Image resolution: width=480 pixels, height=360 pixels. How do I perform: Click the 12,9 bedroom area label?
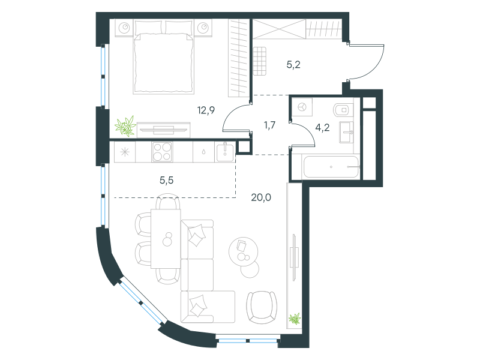206,110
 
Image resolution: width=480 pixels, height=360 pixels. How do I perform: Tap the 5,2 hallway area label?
293,65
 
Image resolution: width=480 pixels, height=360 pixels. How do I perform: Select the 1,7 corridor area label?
269,125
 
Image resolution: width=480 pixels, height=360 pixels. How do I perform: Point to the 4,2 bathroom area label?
322,127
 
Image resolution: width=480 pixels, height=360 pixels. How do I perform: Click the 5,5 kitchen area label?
167,181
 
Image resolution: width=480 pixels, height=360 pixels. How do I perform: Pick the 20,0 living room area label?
261,198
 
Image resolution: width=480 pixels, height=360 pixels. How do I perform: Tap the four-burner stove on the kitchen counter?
162,152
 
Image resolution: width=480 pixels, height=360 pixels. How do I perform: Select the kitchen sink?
225,152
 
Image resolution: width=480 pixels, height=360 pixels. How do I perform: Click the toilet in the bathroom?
344,110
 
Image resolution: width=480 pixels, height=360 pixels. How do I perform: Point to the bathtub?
331,167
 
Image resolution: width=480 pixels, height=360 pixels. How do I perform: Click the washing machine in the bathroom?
302,107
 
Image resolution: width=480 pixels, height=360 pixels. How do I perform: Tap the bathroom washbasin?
347,132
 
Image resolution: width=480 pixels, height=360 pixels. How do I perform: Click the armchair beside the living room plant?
262,307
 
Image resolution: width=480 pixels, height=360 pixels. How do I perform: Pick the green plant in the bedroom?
125,125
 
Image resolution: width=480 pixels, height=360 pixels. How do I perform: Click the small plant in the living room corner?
295,319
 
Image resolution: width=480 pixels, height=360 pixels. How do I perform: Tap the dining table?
166,238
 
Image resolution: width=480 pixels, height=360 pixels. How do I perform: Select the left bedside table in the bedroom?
125,28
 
